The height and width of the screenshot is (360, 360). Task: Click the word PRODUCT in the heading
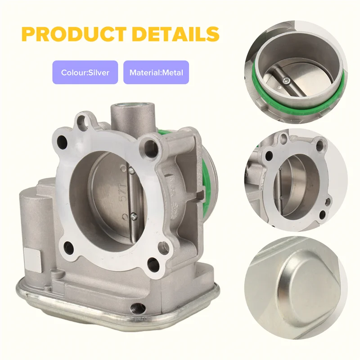click(x=75, y=34)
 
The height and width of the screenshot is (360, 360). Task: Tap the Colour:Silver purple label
click(x=85, y=72)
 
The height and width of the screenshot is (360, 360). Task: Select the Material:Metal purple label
click(x=156, y=72)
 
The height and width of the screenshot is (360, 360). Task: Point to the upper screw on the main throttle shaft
click(x=131, y=170)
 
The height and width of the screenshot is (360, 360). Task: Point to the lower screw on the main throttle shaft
click(x=133, y=216)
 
